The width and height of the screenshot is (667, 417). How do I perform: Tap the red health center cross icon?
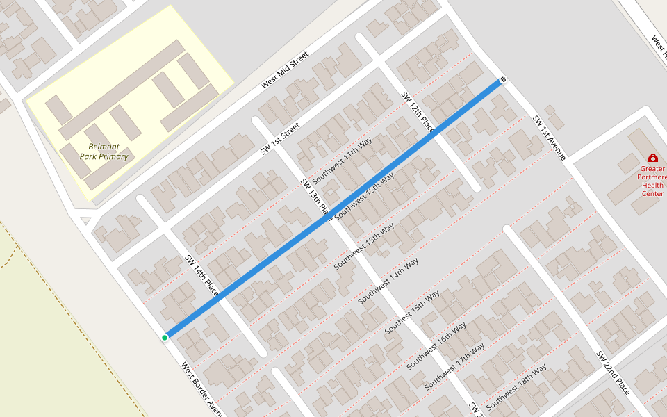point(652,158)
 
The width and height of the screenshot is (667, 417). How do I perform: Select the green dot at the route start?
point(165,338)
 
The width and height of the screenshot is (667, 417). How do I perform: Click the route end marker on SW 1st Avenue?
point(502,81)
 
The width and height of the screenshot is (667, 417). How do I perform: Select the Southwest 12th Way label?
point(364,197)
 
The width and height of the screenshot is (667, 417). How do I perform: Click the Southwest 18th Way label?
point(516,386)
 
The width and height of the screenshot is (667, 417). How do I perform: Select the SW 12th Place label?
point(418,111)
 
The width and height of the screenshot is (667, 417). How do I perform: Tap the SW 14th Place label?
point(201,276)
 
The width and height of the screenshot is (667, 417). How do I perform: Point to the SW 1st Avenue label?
point(550,138)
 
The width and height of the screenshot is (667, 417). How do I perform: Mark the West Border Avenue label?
point(201,389)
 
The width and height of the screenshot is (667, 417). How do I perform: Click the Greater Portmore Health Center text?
point(652,181)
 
